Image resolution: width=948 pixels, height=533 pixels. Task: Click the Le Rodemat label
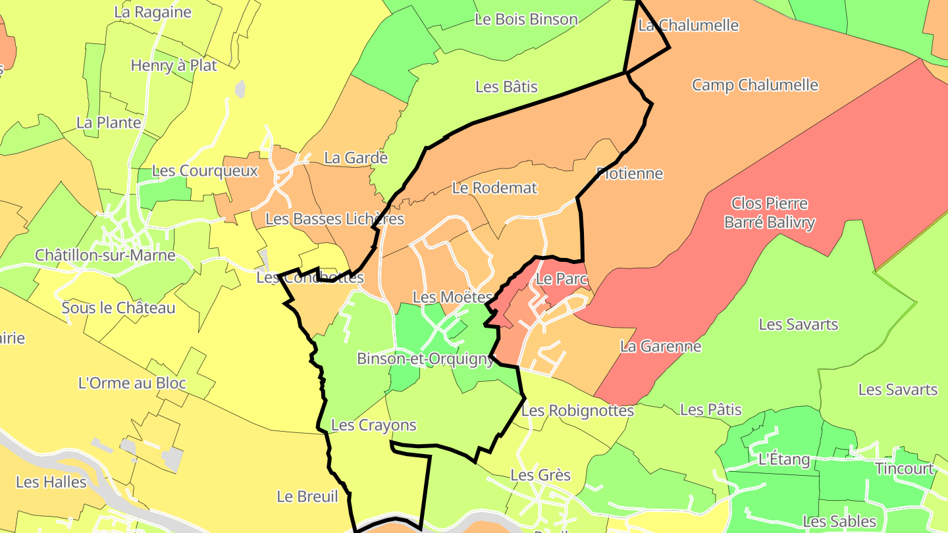(x=494, y=188)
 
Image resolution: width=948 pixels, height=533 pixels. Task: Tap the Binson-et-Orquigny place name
(x=425, y=359)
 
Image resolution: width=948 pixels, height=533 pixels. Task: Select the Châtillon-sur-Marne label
(x=105, y=255)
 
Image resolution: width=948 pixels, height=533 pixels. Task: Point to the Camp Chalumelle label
(x=754, y=85)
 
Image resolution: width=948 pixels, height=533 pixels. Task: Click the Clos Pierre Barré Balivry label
(x=769, y=213)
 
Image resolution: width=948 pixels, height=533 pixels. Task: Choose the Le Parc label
(x=561, y=278)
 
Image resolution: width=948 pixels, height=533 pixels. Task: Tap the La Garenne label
(x=660, y=346)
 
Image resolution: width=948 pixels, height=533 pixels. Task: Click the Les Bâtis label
(x=506, y=86)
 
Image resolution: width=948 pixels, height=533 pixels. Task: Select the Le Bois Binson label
(x=525, y=20)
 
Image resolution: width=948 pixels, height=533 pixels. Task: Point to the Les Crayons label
(x=373, y=425)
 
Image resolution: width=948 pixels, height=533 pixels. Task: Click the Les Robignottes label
(x=577, y=411)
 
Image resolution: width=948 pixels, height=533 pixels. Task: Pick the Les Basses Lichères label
(x=334, y=218)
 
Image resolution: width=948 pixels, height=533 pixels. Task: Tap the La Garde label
(x=355, y=158)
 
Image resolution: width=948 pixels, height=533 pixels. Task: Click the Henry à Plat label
(x=174, y=65)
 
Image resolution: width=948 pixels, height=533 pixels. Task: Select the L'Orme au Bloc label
(x=132, y=383)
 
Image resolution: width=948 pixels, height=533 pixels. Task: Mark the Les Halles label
(x=51, y=482)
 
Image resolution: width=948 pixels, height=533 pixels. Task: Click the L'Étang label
(x=783, y=459)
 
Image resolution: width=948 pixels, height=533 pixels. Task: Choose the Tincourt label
(x=904, y=469)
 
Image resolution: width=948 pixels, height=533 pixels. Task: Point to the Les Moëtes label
(x=452, y=297)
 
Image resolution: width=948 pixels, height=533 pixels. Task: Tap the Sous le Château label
(x=118, y=308)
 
